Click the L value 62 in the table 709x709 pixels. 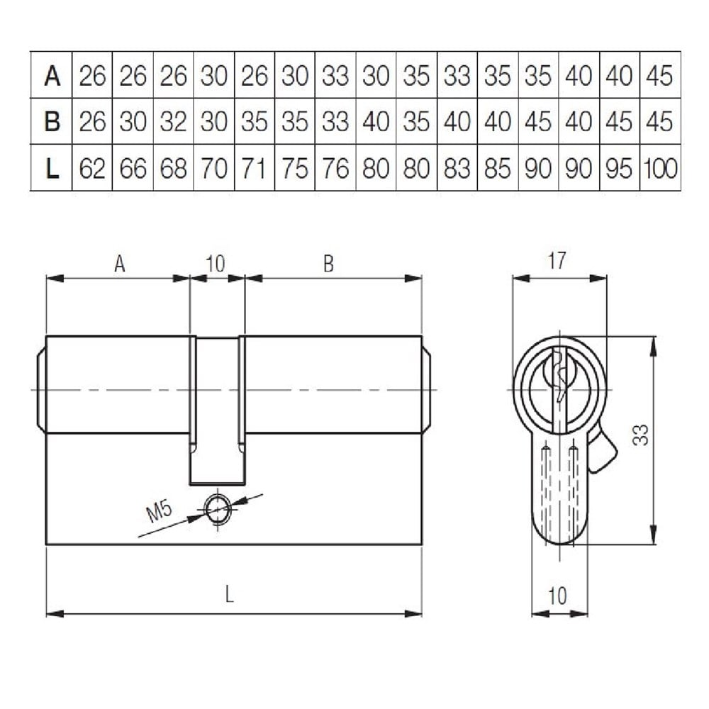coord(92,168)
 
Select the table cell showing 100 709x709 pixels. coord(660,168)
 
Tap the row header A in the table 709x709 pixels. coord(51,74)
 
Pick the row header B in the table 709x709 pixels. coord(51,121)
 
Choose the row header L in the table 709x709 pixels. coord(51,168)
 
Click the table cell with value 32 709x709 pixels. coord(173,121)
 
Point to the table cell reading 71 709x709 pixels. coord(255,168)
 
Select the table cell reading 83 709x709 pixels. coord(457,168)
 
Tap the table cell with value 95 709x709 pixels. coord(620,168)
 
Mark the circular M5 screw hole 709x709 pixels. coord(218,507)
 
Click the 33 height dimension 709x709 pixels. coord(640,434)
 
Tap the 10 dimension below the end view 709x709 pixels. coord(558,596)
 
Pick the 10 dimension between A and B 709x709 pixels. coord(216,264)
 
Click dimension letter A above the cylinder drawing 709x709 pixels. coord(120,264)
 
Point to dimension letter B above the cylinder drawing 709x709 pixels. coord(328,264)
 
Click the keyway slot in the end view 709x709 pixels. coord(559,376)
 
